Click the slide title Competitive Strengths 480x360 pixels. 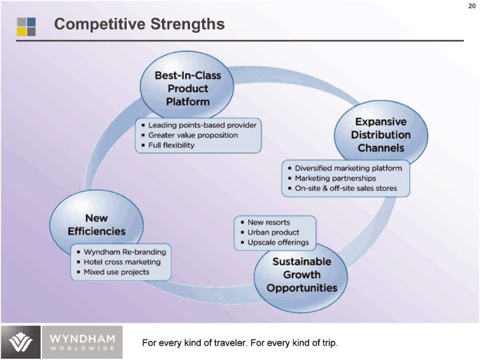pos(139,25)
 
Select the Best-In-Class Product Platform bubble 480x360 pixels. pos(187,89)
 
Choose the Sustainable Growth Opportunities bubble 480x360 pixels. pos(302,275)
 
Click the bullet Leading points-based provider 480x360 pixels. pos(202,125)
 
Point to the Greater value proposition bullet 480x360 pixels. pos(193,135)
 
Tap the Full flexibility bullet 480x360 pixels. pos(171,145)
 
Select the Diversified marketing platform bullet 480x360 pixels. pos(349,168)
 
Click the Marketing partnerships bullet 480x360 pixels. pos(335,178)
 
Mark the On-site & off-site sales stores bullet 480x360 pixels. pos(346,189)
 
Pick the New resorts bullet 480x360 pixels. pos(269,222)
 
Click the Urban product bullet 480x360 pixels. pos(273,232)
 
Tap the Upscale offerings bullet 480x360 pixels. pos(278,243)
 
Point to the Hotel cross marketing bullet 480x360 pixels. pos(122,262)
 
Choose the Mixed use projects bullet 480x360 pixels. pos(116,272)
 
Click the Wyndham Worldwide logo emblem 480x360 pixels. pos(21,343)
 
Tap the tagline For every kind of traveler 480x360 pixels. pos(240,343)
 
